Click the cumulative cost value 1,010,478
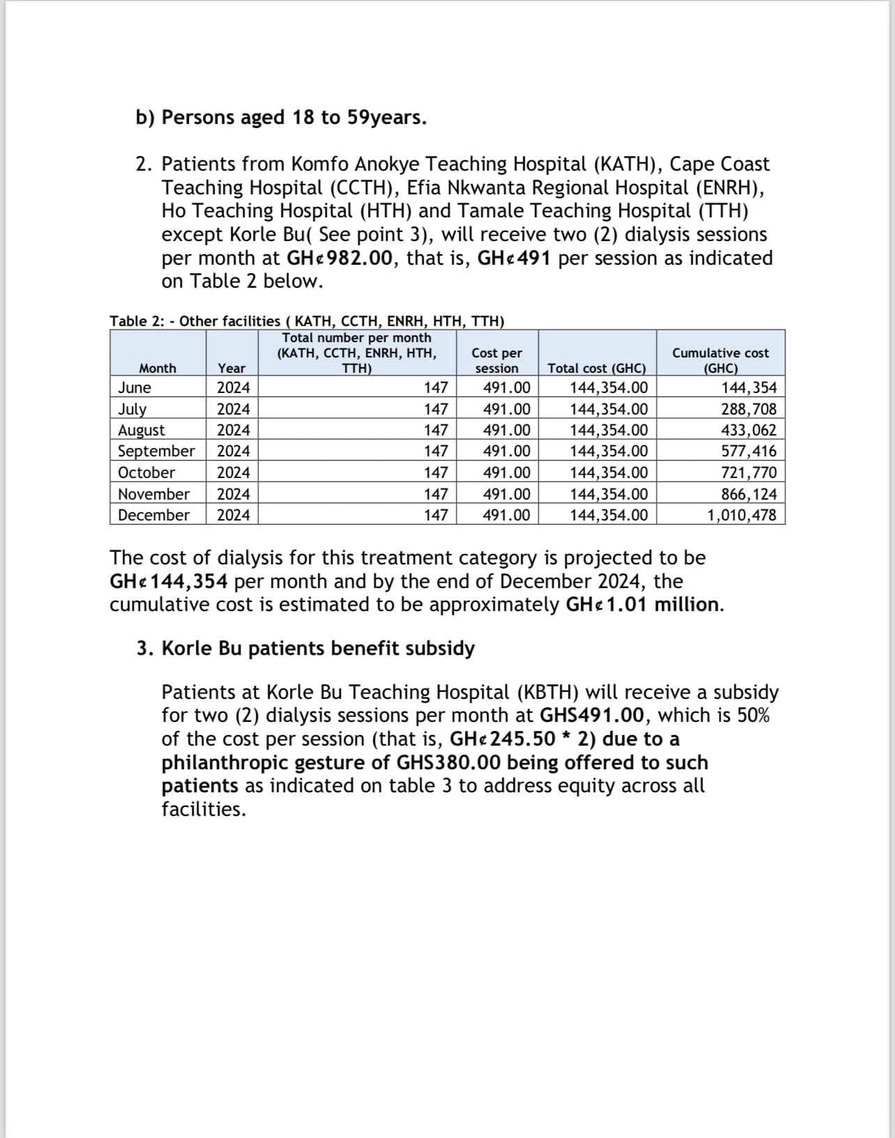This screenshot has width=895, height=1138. (742, 515)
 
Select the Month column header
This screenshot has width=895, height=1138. (158, 368)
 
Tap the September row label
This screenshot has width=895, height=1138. (156, 451)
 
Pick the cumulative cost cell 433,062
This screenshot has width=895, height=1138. (748, 430)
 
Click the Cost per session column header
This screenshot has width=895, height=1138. (496, 360)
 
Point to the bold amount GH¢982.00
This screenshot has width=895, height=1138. (340, 258)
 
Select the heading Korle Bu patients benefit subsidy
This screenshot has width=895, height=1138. (318, 648)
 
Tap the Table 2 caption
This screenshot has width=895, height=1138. (307, 321)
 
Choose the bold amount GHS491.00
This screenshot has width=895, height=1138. (596, 715)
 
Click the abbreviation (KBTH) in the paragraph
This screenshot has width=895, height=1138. (547, 692)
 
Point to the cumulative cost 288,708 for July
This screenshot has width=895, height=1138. (748, 409)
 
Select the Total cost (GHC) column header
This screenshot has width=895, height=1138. (597, 368)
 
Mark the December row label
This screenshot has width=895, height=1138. (153, 515)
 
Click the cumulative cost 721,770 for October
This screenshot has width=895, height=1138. (748, 472)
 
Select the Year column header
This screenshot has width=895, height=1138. (231, 368)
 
